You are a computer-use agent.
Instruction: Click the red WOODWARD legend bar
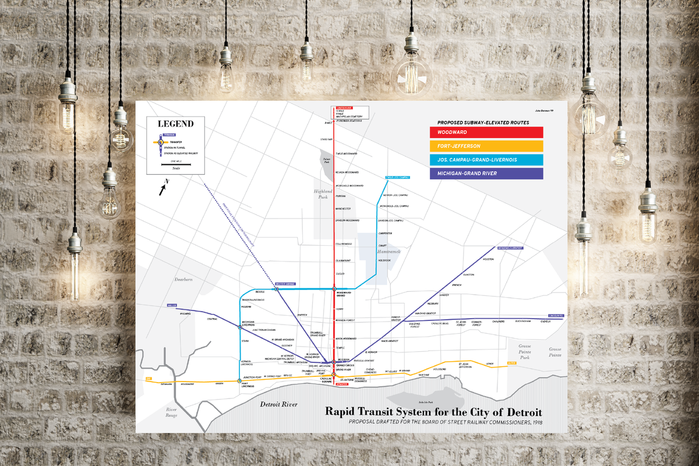pyautogui.click(x=486, y=133)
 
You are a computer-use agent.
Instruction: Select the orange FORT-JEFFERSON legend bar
pyautogui.click(x=486, y=146)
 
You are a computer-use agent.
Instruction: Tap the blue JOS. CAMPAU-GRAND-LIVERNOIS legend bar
pyautogui.click(x=486, y=160)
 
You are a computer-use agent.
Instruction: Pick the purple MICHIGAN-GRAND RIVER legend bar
pyautogui.click(x=486, y=174)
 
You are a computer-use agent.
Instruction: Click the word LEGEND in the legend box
pyautogui.click(x=175, y=123)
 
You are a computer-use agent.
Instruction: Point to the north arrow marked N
pyautogui.click(x=164, y=188)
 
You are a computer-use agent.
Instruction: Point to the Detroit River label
pyautogui.click(x=278, y=404)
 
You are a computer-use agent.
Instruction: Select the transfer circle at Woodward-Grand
pyautogui.click(x=334, y=289)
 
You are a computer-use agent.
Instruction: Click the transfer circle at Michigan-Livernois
pyautogui.click(x=239, y=327)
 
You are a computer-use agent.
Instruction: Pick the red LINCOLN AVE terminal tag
pyautogui.click(x=342, y=108)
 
